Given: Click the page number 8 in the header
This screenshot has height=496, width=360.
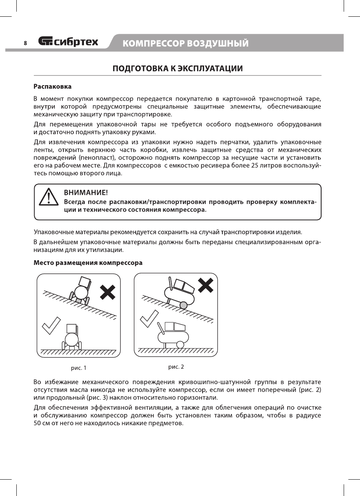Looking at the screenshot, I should (25, 43).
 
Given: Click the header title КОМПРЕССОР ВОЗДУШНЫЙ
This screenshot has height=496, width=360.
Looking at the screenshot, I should (185, 43).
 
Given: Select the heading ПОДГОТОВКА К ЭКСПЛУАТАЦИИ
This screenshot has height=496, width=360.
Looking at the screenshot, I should (178, 69).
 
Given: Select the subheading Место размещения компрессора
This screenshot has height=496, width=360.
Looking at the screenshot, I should (88, 263).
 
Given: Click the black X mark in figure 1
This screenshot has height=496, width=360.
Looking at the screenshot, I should (108, 292).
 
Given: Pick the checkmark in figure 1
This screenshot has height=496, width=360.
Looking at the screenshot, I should (51, 326).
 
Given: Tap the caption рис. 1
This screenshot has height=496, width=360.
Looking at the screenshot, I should (78, 367).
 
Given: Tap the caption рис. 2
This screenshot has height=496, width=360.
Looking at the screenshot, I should (176, 366).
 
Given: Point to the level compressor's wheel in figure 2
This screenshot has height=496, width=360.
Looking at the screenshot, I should (180, 345).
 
